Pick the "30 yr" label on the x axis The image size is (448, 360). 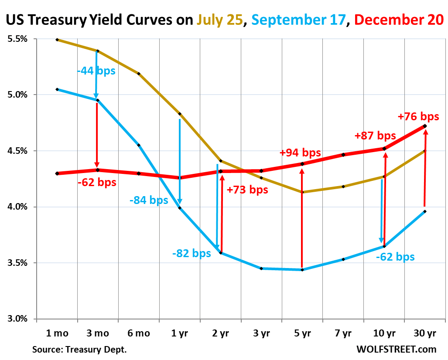[x=424, y=333]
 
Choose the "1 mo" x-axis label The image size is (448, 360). [x=57, y=333]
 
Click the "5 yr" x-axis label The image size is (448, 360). [x=302, y=333]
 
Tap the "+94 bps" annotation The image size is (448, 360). [x=300, y=153]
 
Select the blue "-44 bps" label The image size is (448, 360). [x=96, y=70]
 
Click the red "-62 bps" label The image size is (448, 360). [x=97, y=182]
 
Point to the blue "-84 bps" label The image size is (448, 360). [x=149, y=200]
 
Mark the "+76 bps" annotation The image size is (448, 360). [x=418, y=117]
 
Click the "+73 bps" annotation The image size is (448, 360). [x=247, y=190]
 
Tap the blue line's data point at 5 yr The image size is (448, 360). [x=302, y=270]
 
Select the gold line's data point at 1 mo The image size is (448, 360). [x=57, y=40]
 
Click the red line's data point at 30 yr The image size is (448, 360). [x=425, y=126]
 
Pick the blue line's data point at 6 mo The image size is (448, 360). [x=139, y=145]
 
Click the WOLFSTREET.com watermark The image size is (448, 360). [x=396, y=350]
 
